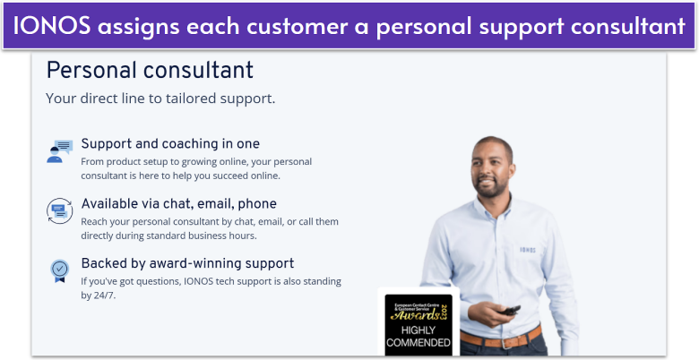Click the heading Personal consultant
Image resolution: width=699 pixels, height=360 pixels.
150,70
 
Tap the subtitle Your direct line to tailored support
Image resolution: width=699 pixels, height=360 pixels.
160,98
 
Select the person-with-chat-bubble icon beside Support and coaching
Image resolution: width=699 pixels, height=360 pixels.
59,151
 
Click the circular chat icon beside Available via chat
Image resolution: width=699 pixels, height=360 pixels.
59,211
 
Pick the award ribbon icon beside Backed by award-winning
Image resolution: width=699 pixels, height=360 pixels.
59,270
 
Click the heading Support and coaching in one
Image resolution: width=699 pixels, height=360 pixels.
170,143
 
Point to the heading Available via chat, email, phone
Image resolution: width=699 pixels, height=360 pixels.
178,203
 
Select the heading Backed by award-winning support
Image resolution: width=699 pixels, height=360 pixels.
187,263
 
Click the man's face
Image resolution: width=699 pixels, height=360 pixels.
494,170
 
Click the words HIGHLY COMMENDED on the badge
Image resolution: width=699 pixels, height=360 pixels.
419,337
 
